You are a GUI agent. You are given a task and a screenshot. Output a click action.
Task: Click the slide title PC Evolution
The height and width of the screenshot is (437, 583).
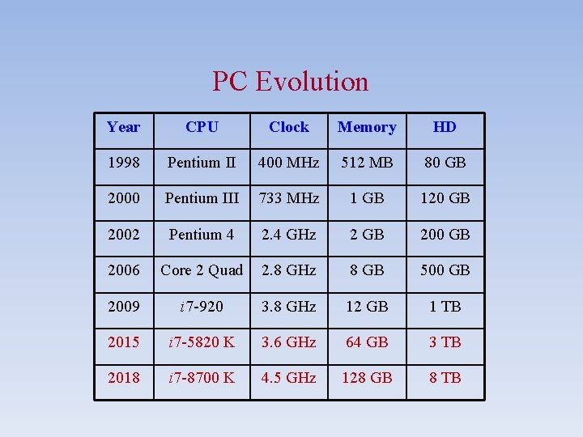[x=290, y=81]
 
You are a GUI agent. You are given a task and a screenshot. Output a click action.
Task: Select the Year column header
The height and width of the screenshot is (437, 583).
[x=123, y=127]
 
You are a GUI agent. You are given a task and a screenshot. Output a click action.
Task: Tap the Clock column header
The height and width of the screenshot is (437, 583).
[x=289, y=127]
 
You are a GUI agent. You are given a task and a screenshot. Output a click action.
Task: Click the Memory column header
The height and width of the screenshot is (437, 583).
[x=367, y=127]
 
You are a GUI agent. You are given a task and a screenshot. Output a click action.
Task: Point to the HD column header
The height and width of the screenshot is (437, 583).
[x=445, y=127]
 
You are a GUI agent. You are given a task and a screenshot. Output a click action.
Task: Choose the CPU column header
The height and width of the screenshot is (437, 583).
[x=202, y=127]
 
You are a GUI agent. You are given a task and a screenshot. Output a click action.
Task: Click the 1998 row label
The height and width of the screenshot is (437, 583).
[x=123, y=163]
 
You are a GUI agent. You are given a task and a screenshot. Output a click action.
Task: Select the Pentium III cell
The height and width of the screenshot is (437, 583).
[x=202, y=198]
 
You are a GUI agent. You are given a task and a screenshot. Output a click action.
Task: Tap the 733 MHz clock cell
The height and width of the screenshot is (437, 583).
[x=289, y=198]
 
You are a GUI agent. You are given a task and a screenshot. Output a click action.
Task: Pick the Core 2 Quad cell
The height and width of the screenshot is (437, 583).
[x=202, y=270]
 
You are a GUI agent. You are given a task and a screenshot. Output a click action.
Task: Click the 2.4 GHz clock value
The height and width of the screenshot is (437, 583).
[x=289, y=235]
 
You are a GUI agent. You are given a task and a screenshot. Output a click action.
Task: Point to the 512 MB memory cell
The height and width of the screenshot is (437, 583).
[x=367, y=163]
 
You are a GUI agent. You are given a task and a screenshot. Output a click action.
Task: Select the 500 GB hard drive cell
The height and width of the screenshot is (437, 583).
[x=445, y=270]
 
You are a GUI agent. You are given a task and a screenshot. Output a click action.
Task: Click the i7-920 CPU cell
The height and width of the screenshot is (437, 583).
[x=202, y=307]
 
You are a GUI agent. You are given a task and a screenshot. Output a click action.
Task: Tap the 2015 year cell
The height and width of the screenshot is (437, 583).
[x=123, y=342]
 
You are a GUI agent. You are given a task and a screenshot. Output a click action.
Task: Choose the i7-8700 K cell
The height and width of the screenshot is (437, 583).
[x=202, y=378]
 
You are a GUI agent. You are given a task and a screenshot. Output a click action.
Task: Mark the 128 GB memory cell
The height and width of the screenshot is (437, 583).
[x=367, y=378]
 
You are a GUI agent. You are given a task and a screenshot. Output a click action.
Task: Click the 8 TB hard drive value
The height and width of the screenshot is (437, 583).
[x=445, y=378]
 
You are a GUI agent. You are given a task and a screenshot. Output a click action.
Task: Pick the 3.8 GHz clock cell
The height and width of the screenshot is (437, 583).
[x=289, y=307]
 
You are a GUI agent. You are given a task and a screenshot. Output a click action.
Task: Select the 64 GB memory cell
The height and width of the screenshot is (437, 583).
[x=367, y=342]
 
